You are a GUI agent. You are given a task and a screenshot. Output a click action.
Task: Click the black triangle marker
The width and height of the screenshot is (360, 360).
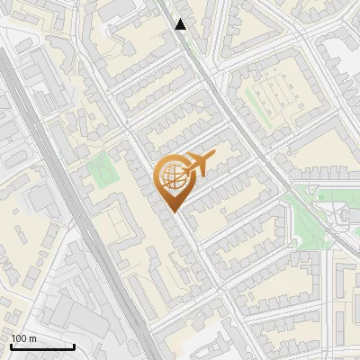181,24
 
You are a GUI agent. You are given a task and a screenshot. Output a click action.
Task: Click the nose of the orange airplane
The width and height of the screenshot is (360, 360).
213,157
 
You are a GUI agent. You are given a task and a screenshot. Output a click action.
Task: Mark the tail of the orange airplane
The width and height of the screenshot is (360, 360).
184,170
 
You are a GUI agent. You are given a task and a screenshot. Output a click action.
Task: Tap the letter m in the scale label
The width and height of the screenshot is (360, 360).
32,338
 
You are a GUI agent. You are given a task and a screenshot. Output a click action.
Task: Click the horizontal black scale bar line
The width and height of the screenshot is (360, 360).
41,346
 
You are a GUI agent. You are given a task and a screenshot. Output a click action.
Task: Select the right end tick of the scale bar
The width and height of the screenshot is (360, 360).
74,345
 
